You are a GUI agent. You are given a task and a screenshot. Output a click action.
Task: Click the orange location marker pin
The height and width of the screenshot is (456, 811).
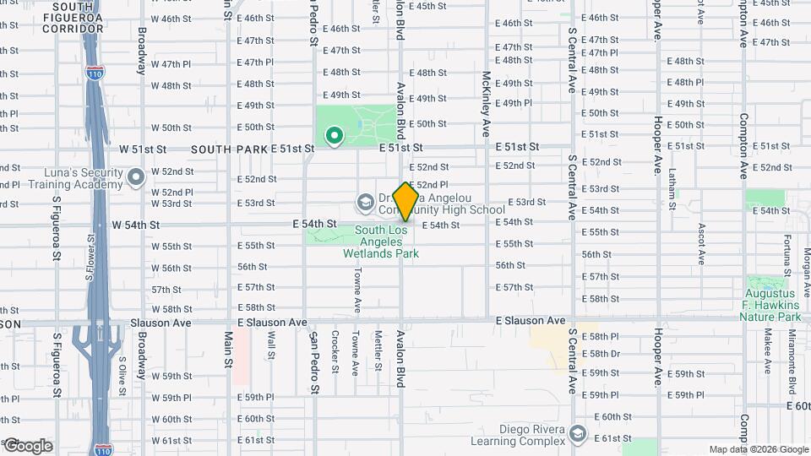tap(405, 201)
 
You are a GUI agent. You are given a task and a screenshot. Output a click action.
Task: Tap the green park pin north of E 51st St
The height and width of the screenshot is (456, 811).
tap(334, 134)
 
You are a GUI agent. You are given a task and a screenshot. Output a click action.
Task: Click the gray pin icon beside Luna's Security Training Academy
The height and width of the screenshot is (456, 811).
tap(137, 177)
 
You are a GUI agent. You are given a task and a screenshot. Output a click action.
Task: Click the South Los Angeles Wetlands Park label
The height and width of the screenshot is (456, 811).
tap(381, 241)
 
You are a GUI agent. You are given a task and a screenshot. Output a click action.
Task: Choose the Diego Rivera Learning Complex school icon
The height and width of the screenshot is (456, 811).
tap(578, 433)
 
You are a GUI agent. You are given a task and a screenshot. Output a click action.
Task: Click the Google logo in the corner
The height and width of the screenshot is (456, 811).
tap(27, 446)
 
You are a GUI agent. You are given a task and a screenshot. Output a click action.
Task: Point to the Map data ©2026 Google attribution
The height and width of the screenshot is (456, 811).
tap(758, 449)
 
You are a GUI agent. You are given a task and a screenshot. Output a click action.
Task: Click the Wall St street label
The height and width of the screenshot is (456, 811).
tap(271, 345)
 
